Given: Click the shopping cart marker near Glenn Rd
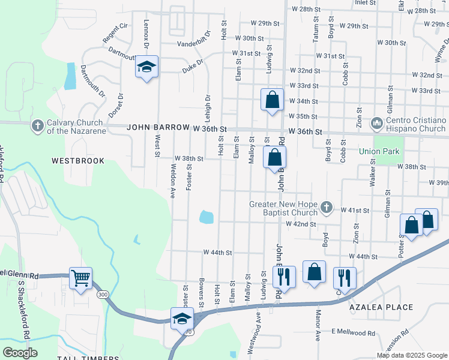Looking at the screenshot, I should point(80,278).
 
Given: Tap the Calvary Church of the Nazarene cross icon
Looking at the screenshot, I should point(38,125).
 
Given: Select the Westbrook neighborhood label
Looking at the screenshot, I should point(78,161).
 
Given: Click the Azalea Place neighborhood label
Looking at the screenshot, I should point(382,307).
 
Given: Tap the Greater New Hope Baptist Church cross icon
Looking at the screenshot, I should point(326,208).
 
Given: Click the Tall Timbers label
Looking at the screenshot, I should point(84,358).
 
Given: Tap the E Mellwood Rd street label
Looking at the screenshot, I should point(353,332).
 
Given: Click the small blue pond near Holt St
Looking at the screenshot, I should point(206,217).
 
